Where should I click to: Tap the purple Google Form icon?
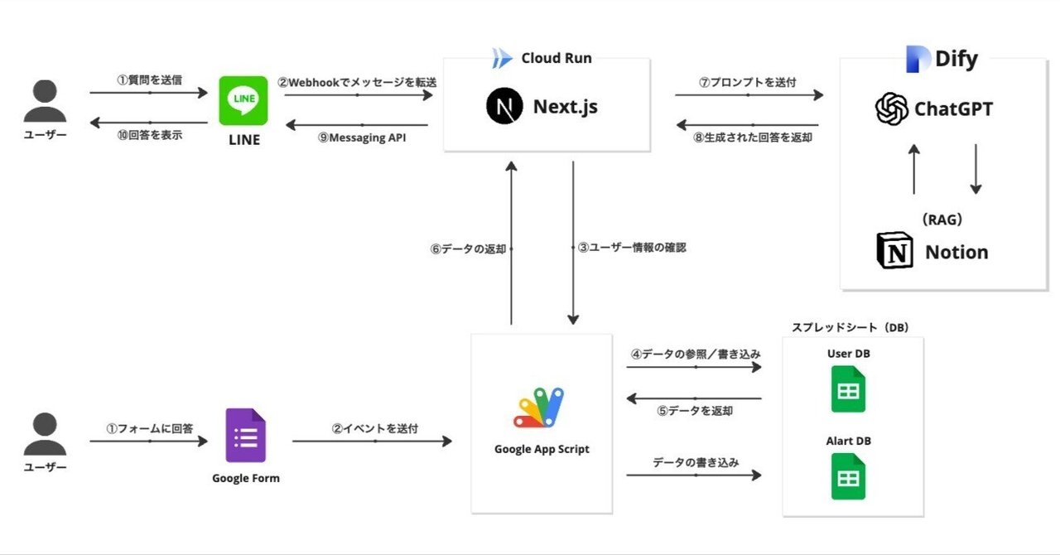coord(245,436)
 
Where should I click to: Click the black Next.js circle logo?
coord(502,106)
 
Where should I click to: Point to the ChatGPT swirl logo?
coord(891,109)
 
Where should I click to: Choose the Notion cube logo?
coord(894,252)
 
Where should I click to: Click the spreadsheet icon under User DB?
coord(848,389)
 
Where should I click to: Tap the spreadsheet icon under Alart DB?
coord(848,476)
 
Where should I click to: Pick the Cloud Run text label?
coord(556,58)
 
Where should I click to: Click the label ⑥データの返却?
coord(468,249)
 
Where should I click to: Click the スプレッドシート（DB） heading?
coord(850,327)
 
